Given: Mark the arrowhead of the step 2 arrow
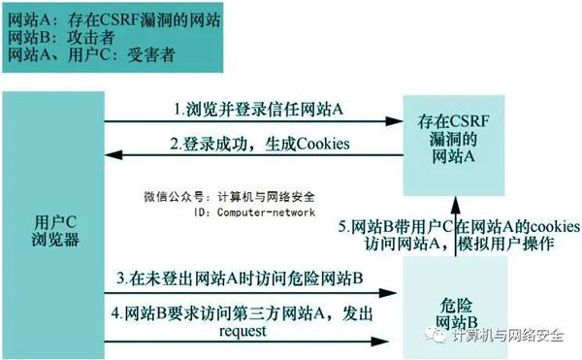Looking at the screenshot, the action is click(111, 157).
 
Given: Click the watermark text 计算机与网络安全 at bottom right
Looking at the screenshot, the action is click(508, 337).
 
